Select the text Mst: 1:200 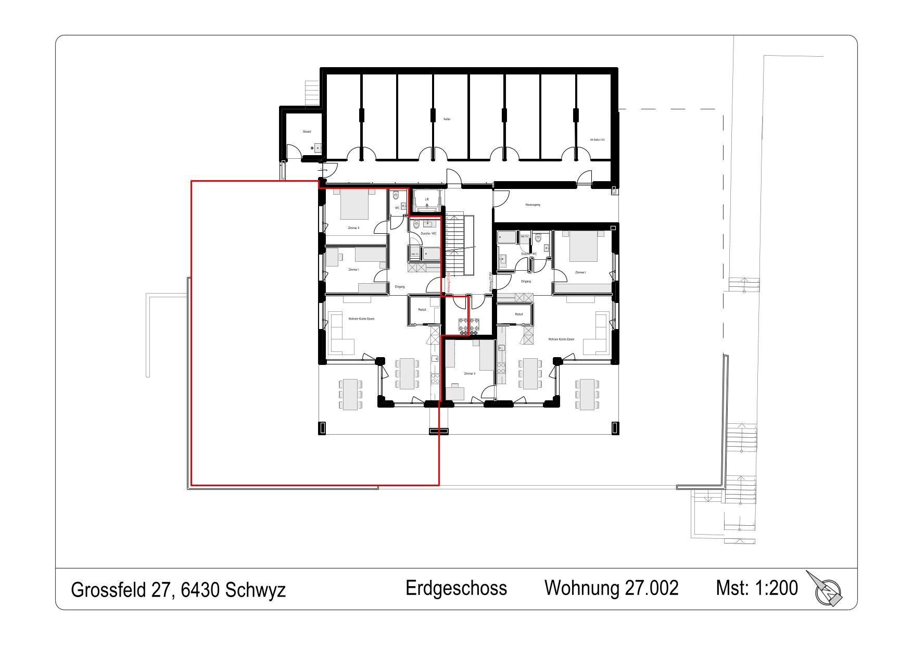(x=756, y=588)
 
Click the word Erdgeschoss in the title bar (x=456, y=588)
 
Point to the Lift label (x=427, y=199)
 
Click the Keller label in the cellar (x=447, y=119)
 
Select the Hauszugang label (x=532, y=205)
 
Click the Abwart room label (x=307, y=132)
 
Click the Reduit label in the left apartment (x=422, y=310)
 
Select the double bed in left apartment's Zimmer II (x=354, y=206)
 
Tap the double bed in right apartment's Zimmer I (x=583, y=246)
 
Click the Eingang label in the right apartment (x=526, y=282)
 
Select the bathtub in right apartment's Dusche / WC (x=506, y=238)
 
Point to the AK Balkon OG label (x=597, y=140)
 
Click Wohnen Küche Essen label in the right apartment (x=561, y=339)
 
